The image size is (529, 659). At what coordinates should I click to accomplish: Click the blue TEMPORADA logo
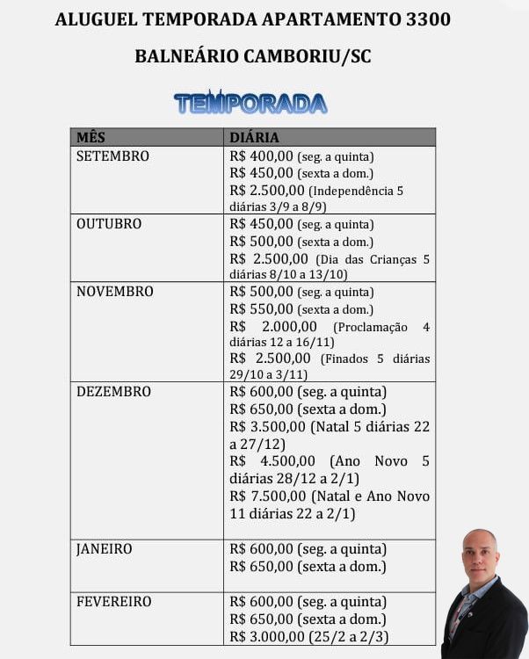[250, 103]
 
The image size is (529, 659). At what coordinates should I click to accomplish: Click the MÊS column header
[91, 137]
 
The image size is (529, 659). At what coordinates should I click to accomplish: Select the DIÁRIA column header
[254, 137]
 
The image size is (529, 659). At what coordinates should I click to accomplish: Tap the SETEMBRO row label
[112, 156]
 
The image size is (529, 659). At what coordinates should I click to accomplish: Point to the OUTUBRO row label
[109, 224]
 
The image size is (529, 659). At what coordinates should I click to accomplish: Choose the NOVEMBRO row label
[114, 292]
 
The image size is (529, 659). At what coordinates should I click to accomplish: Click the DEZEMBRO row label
[113, 392]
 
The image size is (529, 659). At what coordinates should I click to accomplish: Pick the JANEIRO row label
[105, 549]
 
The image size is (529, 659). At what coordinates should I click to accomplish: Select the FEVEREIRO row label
[113, 602]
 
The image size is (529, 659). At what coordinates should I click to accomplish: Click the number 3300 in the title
[427, 18]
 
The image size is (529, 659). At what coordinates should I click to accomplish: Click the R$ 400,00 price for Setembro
[261, 156]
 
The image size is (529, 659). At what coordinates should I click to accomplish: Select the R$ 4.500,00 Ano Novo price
[272, 461]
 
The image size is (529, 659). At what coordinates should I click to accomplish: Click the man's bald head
[480, 542]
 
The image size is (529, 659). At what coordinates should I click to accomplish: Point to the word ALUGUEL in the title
[91, 18]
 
